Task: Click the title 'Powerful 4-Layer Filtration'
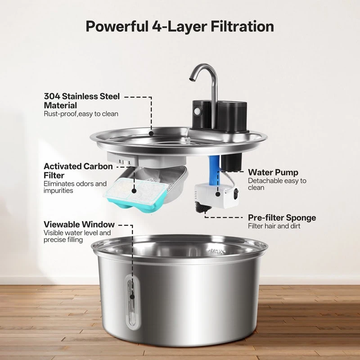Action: (180, 26)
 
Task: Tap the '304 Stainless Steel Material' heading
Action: (82, 101)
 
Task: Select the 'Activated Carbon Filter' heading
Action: (78, 171)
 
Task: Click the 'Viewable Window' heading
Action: (79, 224)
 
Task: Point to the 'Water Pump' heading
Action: (273, 172)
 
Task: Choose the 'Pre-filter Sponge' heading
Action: (282, 218)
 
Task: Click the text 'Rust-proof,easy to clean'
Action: (81, 114)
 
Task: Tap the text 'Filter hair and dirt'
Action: (274, 226)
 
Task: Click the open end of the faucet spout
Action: (192, 79)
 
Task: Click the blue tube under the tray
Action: (214, 171)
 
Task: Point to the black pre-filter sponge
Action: (203, 207)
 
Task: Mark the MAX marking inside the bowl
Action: (216, 252)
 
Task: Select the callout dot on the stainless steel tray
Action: (151, 133)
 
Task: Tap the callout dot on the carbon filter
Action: (134, 190)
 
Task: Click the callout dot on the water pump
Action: (218, 194)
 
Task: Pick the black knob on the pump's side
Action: (236, 193)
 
